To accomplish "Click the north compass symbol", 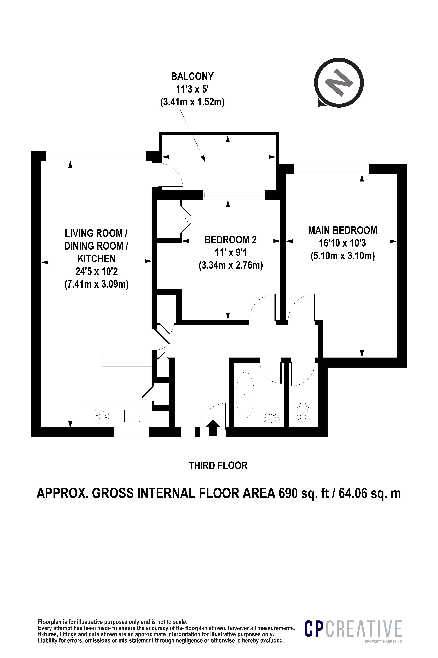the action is point(339,83).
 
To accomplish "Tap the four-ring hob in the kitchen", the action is point(102,417).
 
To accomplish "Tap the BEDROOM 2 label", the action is point(231,240).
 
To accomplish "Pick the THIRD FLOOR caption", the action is point(218,466).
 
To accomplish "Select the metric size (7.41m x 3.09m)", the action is point(96,285).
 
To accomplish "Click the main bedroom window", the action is point(331,169).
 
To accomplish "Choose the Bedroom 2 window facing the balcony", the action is point(234,195).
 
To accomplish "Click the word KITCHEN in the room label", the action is point(96,259).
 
